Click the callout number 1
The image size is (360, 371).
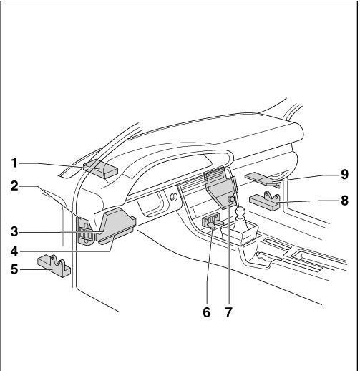(14, 163)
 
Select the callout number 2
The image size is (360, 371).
(14, 186)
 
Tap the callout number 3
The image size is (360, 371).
(14, 231)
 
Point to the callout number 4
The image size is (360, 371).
(14, 251)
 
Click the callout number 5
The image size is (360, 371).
(14, 269)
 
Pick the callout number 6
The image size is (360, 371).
(207, 312)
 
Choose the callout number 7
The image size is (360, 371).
(228, 312)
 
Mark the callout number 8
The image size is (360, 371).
(344, 200)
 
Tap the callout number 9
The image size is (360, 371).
(344, 174)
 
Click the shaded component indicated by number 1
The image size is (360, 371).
(100, 169)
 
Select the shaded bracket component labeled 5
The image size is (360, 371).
(54, 266)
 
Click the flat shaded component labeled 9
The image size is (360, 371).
(263, 180)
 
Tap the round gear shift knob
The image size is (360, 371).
(240, 211)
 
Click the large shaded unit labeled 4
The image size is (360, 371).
(117, 226)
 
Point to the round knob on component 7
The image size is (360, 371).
(231, 199)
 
